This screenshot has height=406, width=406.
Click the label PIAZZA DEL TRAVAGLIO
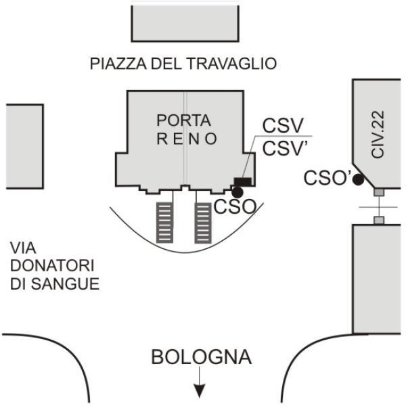pyautogui.click(x=183, y=64)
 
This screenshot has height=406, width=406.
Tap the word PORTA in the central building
pyautogui.click(x=183, y=120)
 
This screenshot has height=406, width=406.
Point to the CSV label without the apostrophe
pyautogui.click(x=283, y=127)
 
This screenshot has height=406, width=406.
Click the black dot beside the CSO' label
pyautogui.click(x=357, y=179)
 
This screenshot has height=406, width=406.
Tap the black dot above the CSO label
pyautogui.click(x=237, y=193)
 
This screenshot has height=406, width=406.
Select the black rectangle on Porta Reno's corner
pyautogui.click(x=242, y=181)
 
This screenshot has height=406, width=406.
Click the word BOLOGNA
pyautogui.click(x=201, y=357)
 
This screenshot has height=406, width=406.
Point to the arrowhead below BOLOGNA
pyautogui.click(x=200, y=390)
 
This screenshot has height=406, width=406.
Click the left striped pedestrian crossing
pyautogui.click(x=164, y=222)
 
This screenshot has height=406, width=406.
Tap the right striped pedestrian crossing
pyautogui.click(x=203, y=222)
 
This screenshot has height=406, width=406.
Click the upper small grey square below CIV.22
pyautogui.click(x=379, y=194)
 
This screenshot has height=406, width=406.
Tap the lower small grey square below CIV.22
pyautogui.click(x=379, y=220)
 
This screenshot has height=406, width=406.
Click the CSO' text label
pyautogui.click(x=326, y=178)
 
